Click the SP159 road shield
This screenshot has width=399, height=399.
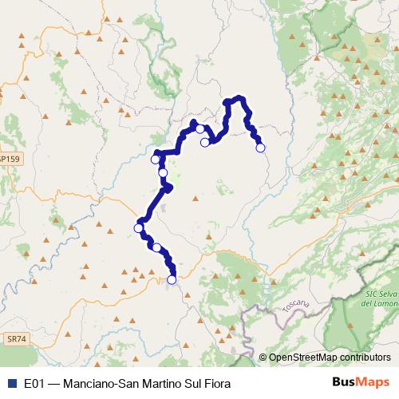pyautogui.click(x=10, y=160)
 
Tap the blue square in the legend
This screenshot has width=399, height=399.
pyautogui.click(x=11, y=383)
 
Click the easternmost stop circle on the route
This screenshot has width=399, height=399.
pyautogui.click(x=259, y=147)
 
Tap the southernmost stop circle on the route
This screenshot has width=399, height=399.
pyautogui.click(x=172, y=279)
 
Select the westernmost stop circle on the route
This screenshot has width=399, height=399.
pyautogui.click(x=138, y=228)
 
